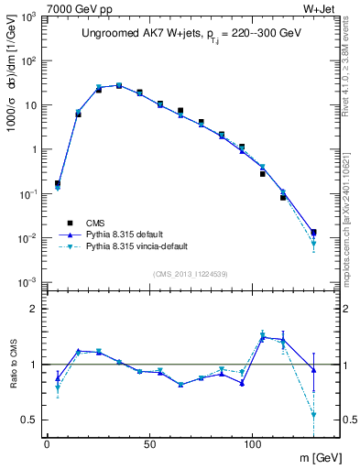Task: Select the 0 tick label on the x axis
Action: (47, 443)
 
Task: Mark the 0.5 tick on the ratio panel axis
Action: (29, 420)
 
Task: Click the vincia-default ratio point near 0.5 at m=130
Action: (313, 414)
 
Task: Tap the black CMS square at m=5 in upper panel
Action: (58, 183)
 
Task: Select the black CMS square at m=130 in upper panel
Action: (313, 233)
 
